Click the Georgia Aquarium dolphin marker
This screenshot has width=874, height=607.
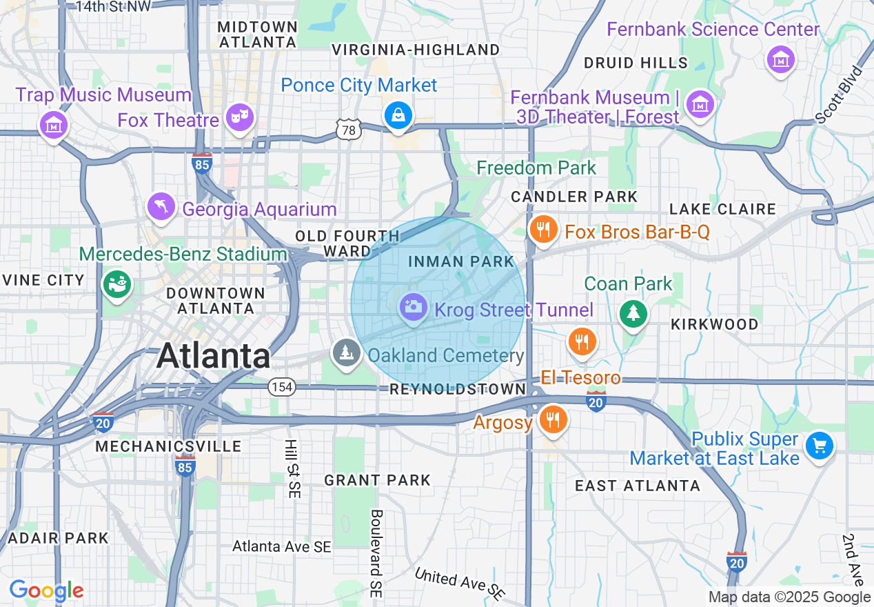coord(161,207)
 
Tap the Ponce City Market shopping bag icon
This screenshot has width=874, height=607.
coord(398,115)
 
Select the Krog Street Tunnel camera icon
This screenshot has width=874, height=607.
coord(414,306)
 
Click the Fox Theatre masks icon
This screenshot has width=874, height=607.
coord(239,119)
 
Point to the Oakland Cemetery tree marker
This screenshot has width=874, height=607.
coord(346,353)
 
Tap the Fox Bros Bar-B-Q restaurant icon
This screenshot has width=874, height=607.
coord(543,230)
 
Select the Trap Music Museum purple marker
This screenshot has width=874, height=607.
coord(54,126)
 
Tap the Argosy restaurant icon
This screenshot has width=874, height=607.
coord(552,419)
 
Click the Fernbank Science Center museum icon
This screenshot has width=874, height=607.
coord(781,60)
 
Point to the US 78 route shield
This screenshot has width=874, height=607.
coord(349,129)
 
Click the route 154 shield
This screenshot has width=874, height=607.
coord(282,387)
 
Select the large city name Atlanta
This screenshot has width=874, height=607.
coord(214,356)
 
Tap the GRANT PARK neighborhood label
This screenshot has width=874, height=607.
coord(378,480)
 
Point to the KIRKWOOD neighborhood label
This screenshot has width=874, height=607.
coord(714,324)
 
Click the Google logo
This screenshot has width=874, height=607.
coord(46,590)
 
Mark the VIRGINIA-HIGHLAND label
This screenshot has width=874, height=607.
coord(416,50)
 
